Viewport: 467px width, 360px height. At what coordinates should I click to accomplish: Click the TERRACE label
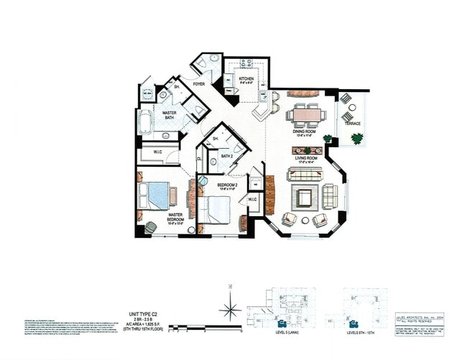click(353, 124)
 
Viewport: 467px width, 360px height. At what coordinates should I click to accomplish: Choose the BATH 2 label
click(227, 155)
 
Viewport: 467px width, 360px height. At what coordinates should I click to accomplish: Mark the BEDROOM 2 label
click(228, 185)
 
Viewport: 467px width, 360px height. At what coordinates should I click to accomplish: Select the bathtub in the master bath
click(146, 124)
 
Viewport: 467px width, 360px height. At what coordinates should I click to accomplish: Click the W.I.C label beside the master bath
click(157, 152)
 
